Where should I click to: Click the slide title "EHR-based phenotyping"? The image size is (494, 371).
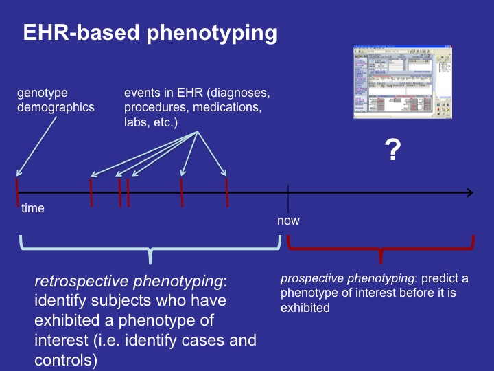click(150, 33)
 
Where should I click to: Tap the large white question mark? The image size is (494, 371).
click(392, 149)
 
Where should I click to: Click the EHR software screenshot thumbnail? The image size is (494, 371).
click(403, 82)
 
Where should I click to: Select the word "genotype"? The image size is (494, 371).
click(43, 92)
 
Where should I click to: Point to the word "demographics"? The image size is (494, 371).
click(56, 107)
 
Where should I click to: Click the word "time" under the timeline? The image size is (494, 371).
click(33, 208)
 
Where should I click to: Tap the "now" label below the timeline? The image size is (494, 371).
click(288, 221)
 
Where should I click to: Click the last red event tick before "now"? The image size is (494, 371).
click(226, 192)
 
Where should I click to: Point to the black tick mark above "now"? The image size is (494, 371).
click(288, 193)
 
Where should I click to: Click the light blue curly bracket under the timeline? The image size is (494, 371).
click(150, 247)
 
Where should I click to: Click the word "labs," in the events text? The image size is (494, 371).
click(137, 122)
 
